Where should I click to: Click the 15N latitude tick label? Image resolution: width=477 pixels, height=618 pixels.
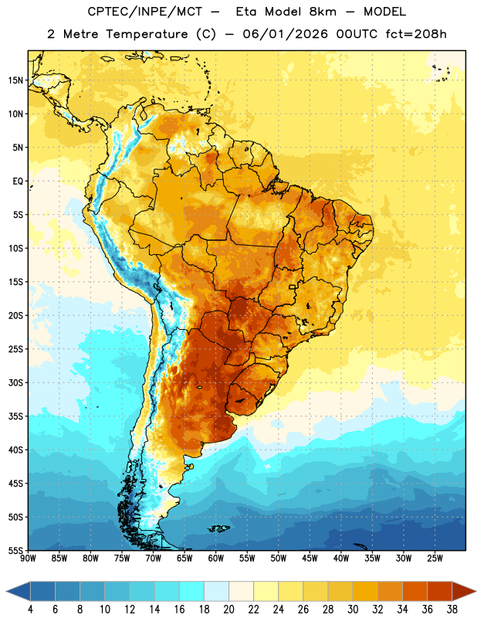[x=15, y=80]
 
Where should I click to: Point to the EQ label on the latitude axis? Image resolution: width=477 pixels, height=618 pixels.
[x=18, y=182]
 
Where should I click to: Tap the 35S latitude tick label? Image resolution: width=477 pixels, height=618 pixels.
[x=15, y=416]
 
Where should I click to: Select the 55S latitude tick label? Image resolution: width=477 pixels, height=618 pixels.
[x=15, y=551]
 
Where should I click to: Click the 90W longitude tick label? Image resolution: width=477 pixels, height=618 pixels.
[x=28, y=559]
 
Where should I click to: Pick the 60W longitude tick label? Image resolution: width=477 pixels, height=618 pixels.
[x=216, y=559]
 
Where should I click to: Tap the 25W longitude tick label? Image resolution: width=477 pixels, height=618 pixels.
[x=435, y=559]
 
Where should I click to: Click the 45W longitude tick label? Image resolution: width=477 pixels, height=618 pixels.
[x=310, y=559]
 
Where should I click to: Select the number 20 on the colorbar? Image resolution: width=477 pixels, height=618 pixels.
[x=228, y=610]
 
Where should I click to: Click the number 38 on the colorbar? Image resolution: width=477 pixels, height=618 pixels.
[x=452, y=610]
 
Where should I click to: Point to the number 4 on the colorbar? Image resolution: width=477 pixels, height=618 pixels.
[x=30, y=610]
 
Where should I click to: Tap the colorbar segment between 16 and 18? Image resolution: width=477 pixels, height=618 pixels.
[x=192, y=591]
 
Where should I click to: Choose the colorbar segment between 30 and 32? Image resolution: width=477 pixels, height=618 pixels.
[x=365, y=591]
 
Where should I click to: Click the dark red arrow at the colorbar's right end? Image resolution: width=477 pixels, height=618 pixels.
[x=464, y=591]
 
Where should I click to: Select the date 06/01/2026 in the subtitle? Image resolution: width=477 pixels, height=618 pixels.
[x=285, y=34]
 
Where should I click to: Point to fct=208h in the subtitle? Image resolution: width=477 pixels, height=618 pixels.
[x=416, y=34]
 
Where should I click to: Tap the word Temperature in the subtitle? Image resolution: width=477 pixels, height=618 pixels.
[x=147, y=34]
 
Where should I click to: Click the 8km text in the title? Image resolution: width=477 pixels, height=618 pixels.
[x=323, y=12]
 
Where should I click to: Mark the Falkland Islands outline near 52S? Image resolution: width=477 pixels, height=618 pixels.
[x=218, y=528]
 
